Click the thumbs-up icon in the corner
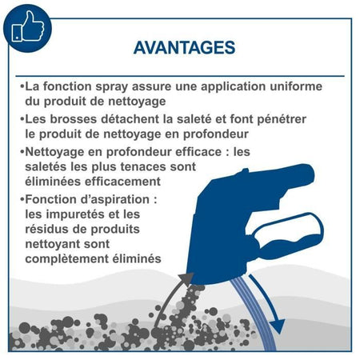(x=27, y=27)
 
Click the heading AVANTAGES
(x=184, y=47)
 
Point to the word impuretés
(x=80, y=214)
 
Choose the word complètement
(x=67, y=259)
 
